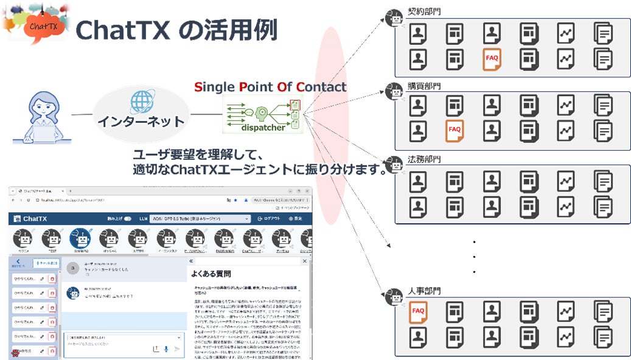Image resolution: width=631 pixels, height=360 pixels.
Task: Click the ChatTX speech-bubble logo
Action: coord(43,26)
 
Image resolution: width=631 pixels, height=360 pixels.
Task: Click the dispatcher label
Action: coord(262,128)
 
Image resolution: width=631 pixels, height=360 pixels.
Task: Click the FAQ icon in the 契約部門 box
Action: coord(492,58)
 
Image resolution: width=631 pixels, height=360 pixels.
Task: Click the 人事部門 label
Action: coord(424,291)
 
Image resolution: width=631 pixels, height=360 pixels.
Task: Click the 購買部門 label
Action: coord(424,86)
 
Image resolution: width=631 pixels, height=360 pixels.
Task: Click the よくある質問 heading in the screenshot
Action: coord(211,274)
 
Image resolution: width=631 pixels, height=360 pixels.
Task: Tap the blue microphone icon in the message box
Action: coord(166,348)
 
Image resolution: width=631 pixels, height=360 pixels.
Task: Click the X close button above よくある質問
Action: coord(303,260)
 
